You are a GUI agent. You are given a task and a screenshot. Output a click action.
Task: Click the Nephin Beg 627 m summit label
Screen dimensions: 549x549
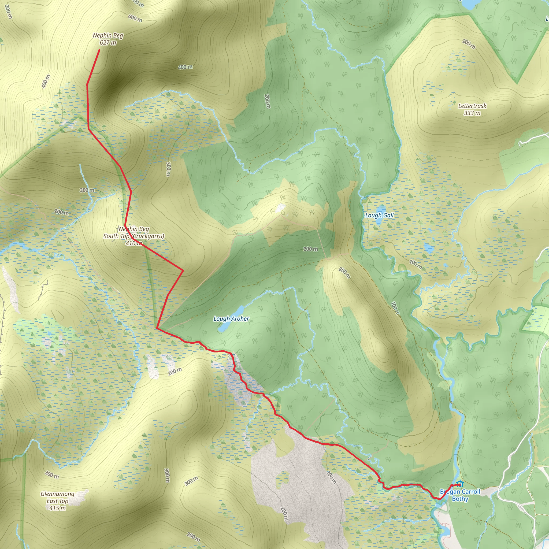click(x=108, y=39)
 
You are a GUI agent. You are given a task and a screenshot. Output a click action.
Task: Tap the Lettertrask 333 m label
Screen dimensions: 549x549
click(x=472, y=109)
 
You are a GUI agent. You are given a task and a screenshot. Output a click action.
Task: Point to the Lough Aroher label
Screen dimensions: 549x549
click(x=231, y=318)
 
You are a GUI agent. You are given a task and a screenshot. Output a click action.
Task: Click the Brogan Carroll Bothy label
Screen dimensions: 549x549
click(x=460, y=495)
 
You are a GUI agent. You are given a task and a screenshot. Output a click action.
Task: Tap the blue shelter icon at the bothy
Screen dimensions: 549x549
click(x=460, y=484)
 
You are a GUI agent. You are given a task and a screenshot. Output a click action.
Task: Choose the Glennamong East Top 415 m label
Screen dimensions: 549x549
click(x=57, y=501)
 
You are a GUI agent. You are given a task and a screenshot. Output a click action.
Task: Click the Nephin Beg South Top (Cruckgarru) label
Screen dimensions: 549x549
click(x=133, y=236)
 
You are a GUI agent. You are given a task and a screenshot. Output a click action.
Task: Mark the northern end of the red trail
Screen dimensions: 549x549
click(x=99, y=50)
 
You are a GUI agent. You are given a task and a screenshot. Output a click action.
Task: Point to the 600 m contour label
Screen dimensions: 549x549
click(x=135, y=18)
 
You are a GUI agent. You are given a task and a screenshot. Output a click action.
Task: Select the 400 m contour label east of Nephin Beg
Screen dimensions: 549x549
click(x=185, y=67)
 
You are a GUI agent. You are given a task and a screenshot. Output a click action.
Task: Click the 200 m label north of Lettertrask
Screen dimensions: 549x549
click(x=469, y=44)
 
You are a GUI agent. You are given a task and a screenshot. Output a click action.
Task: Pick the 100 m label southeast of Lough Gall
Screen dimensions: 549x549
click(x=416, y=264)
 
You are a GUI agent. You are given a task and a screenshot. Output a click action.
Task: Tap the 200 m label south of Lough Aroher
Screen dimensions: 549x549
click(x=175, y=371)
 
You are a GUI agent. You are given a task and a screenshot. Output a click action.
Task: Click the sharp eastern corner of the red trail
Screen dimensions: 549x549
click(x=183, y=270)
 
